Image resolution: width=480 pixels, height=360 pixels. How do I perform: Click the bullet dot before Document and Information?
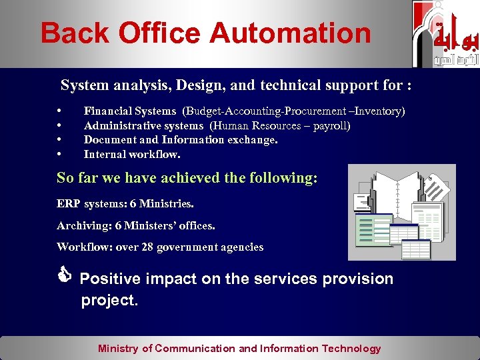point(60,140)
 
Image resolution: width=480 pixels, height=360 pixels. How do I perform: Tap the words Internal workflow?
point(132,154)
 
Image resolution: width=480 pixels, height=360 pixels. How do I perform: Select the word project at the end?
point(108,301)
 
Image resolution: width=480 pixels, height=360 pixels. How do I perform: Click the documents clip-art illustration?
point(402,212)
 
